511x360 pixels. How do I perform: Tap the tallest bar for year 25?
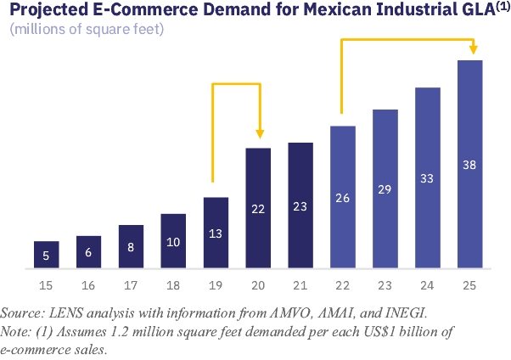tap(469, 165)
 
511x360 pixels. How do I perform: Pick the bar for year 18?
tap(173, 241)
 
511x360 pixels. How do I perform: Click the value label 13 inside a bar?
tap(216, 233)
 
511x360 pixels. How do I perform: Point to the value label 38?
tap(469, 164)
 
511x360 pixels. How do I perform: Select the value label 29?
tap(385, 188)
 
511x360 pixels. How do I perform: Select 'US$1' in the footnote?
tap(382, 331)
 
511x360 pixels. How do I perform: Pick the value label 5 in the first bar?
tap(47, 256)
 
